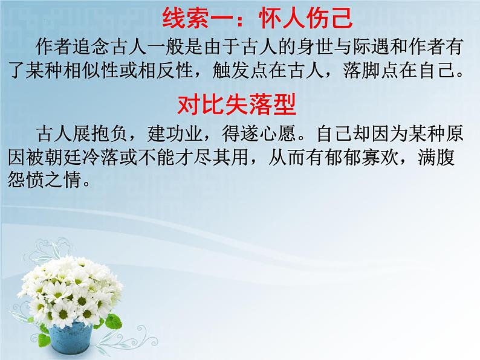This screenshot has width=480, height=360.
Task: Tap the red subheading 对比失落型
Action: (x=237, y=106)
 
